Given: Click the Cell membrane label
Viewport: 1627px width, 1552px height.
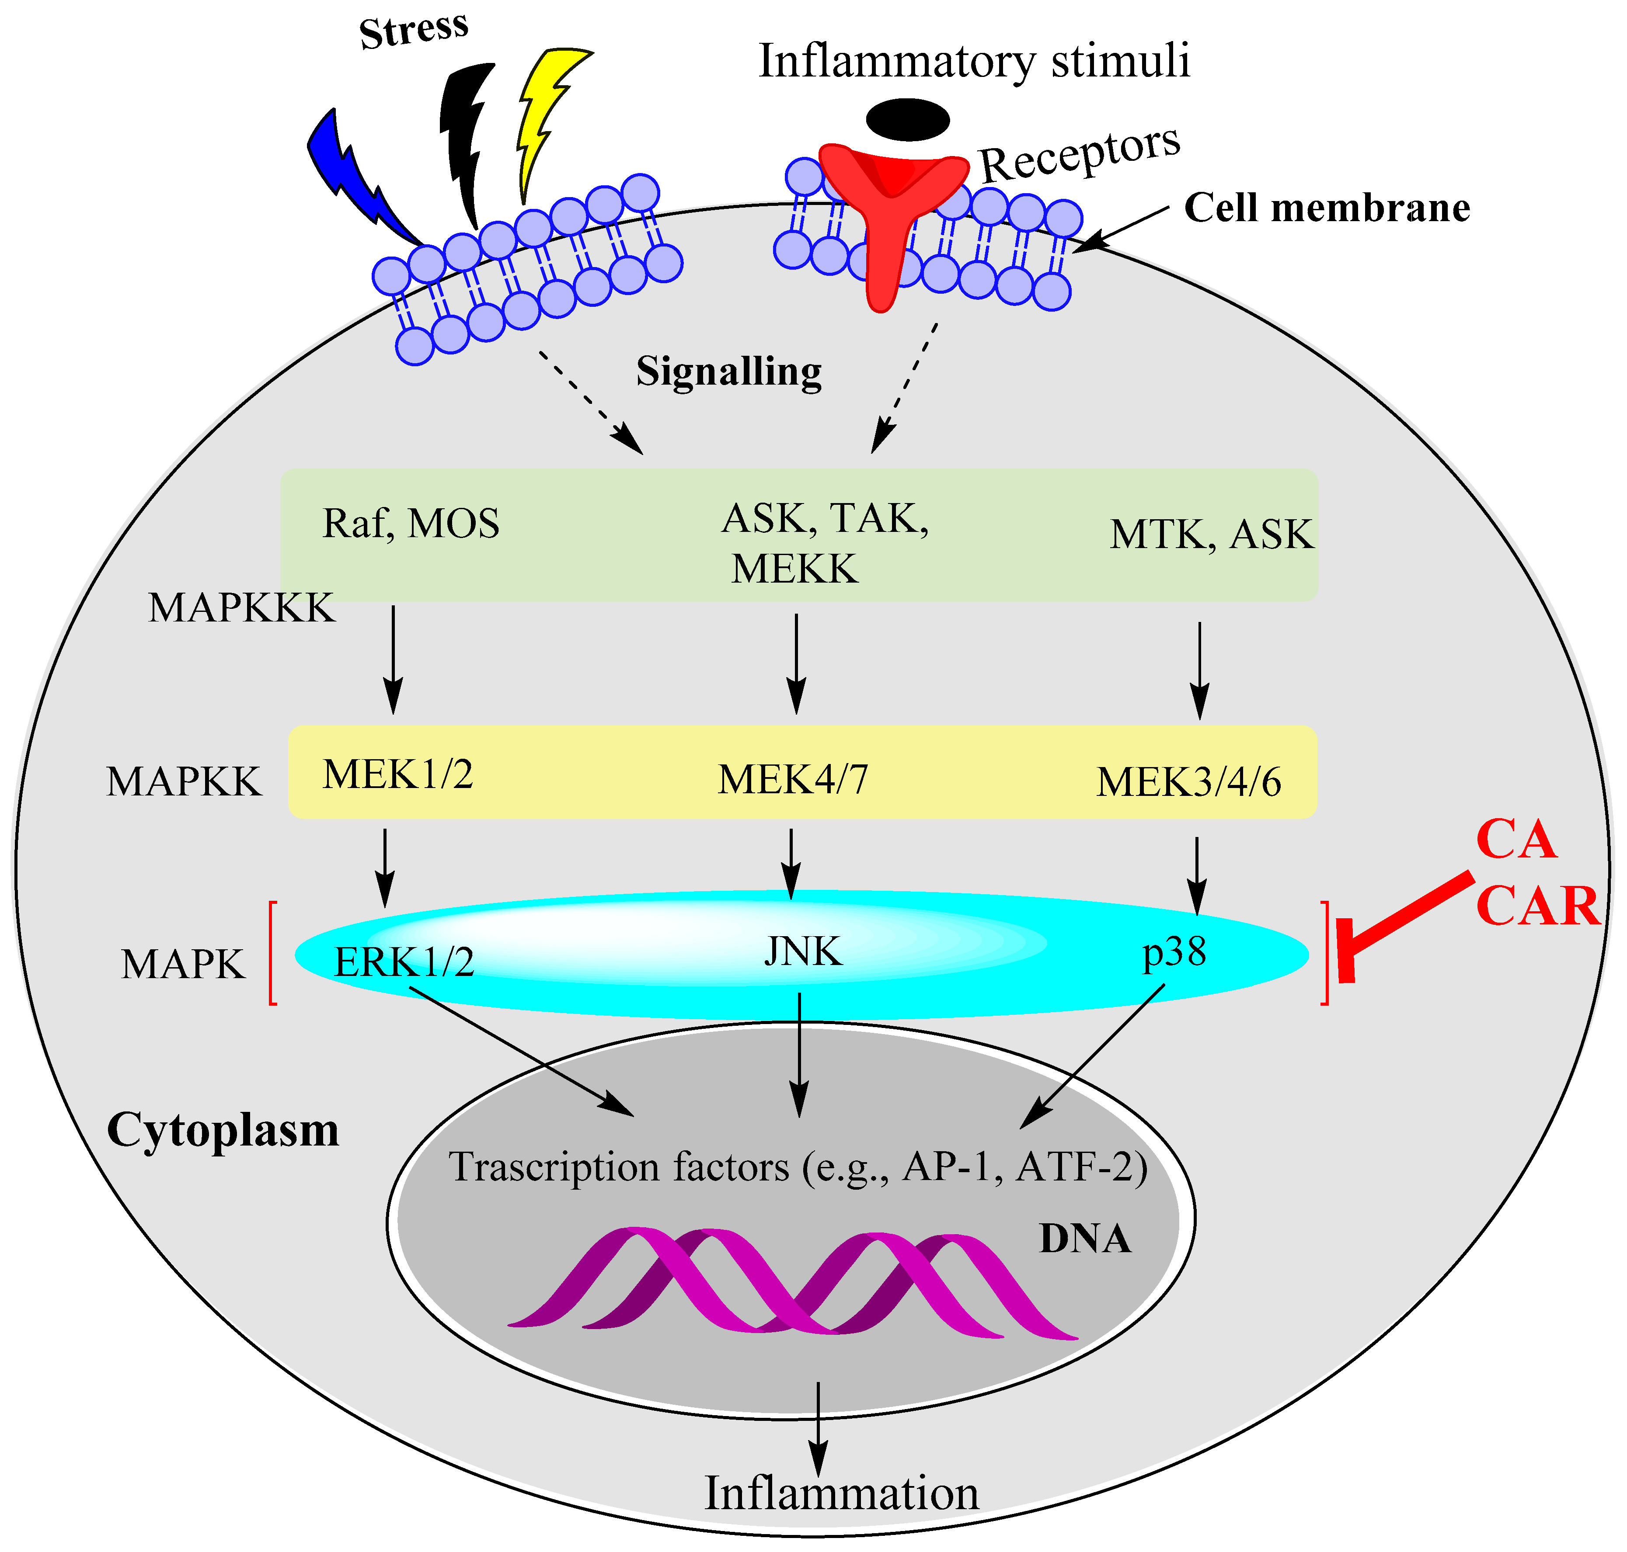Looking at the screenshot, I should [x=1327, y=208].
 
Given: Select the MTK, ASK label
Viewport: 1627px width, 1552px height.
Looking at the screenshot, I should [x=1211, y=535].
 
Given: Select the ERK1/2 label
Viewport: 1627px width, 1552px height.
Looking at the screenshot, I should [x=404, y=962].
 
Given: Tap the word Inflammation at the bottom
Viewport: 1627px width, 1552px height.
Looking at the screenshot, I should [x=841, y=1493].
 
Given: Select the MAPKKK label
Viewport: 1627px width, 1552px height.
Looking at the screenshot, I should [x=241, y=608].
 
